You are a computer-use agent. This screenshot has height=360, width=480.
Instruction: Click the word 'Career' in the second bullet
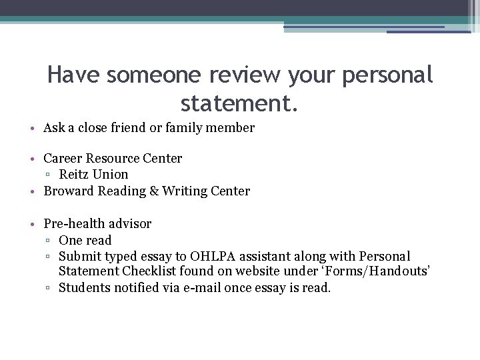point(65,159)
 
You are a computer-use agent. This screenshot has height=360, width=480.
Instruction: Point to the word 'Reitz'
point(75,175)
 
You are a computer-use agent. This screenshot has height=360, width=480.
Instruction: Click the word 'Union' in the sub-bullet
point(111,175)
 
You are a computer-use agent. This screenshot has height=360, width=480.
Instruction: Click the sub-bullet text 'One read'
point(85,240)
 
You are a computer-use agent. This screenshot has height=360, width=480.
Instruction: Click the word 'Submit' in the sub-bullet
point(79,256)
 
